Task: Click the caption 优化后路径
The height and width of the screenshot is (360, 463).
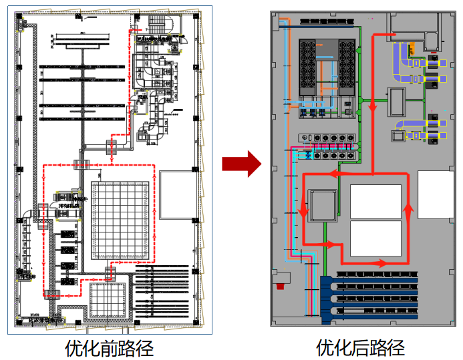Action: pyautogui.click(x=360, y=348)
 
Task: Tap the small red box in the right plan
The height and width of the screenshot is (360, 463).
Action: pyautogui.click(x=279, y=285)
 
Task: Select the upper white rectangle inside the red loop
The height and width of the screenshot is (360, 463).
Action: pyautogui.click(x=375, y=200)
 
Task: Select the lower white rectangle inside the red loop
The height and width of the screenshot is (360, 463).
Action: pyautogui.click(x=375, y=238)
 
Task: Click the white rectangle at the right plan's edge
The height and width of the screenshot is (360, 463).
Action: pyautogui.click(x=435, y=193)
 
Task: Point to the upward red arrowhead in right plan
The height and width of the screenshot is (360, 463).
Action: pyautogui.click(x=407, y=210)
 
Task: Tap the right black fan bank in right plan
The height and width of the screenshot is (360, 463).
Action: pyautogui.click(x=347, y=69)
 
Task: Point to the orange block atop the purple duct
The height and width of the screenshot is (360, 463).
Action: pyautogui.click(x=414, y=47)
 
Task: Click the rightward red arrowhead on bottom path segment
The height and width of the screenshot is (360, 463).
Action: pyautogui.click(x=382, y=263)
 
